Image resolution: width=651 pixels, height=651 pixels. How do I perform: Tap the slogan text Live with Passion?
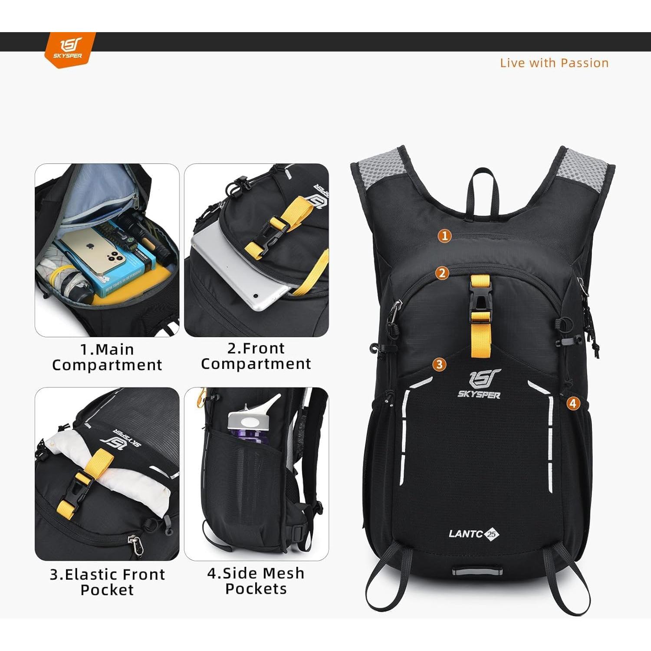click(554, 63)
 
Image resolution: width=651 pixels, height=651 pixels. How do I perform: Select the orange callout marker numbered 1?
click(444, 236)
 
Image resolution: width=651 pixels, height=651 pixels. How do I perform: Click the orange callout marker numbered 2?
click(442, 273)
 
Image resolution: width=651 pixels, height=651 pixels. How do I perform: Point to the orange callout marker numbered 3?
click(439, 364)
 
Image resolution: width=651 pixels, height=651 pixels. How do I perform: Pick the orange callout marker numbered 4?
click(573, 403)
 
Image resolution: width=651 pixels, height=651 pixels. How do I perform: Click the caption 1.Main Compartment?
click(107, 357)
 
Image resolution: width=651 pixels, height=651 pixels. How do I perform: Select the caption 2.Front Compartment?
click(256, 356)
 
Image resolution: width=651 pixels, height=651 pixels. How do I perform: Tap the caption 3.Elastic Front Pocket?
click(107, 582)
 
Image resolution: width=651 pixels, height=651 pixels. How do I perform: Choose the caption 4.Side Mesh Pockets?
click(256, 581)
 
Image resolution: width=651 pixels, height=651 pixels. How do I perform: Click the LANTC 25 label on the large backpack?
click(473, 534)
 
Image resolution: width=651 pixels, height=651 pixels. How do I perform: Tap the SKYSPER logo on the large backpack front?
click(479, 384)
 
